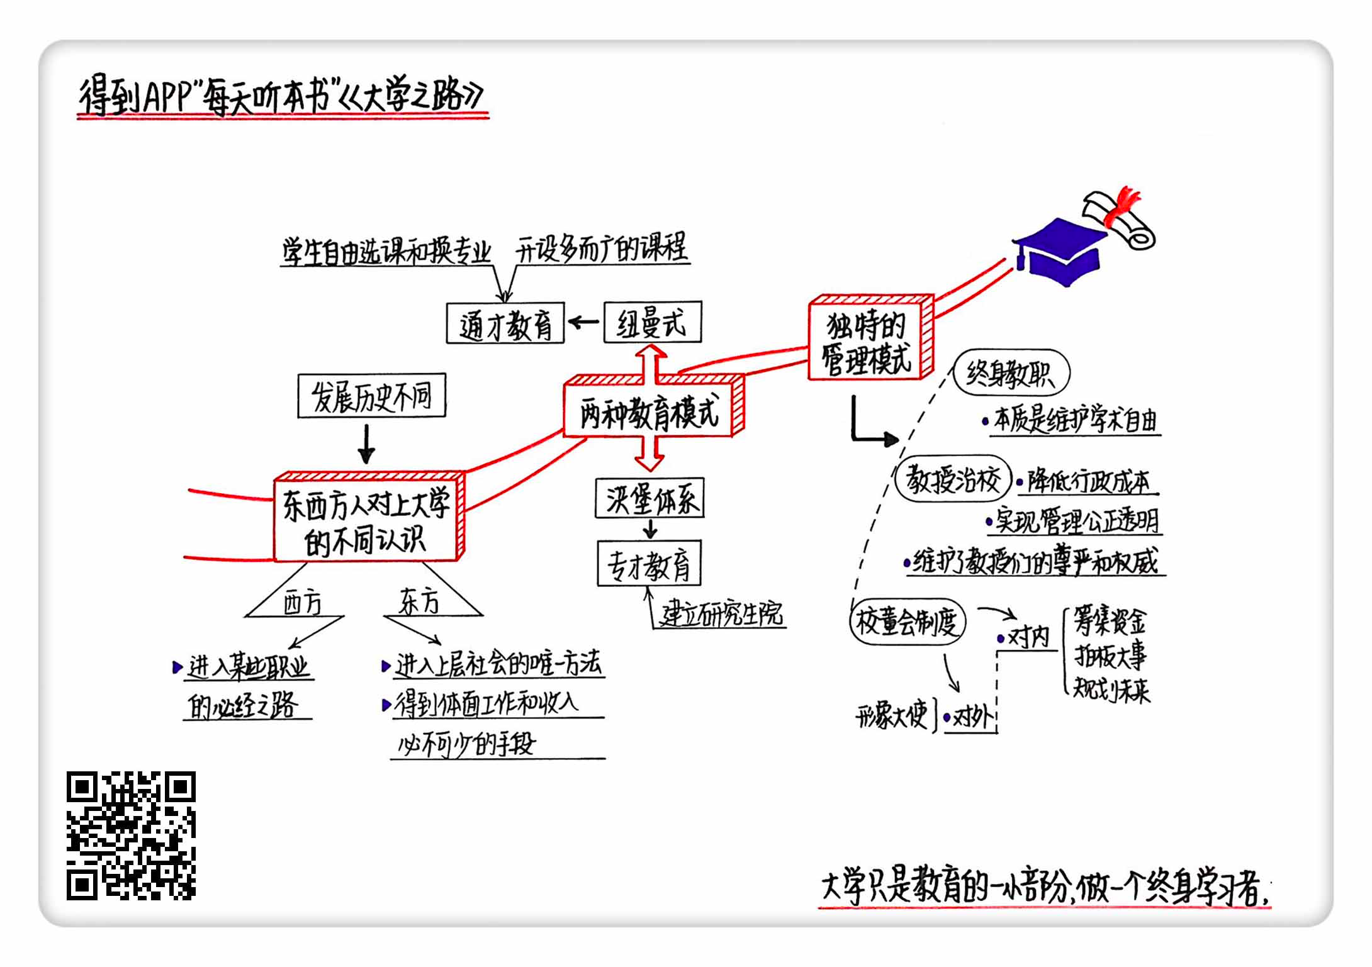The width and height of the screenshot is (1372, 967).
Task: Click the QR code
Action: pos(131,835)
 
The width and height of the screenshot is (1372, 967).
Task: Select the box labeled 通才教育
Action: pos(505,323)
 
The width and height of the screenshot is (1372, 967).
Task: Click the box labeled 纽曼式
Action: pos(652,322)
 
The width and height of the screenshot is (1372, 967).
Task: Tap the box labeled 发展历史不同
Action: pos(371,396)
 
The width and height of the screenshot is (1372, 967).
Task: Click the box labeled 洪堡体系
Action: pos(649,499)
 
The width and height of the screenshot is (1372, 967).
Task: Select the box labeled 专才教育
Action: pos(649,563)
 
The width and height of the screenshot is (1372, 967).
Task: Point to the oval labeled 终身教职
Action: pos(1011,373)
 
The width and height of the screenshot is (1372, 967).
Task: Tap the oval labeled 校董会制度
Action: pos(907,622)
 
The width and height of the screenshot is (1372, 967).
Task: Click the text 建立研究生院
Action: pos(721,614)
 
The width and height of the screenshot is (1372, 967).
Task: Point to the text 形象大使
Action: pos(892,715)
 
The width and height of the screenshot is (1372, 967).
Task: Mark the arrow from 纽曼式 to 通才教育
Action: pos(583,323)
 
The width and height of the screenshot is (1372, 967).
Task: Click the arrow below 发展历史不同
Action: pos(366,444)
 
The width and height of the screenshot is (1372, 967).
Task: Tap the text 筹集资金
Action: pos(1110,622)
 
